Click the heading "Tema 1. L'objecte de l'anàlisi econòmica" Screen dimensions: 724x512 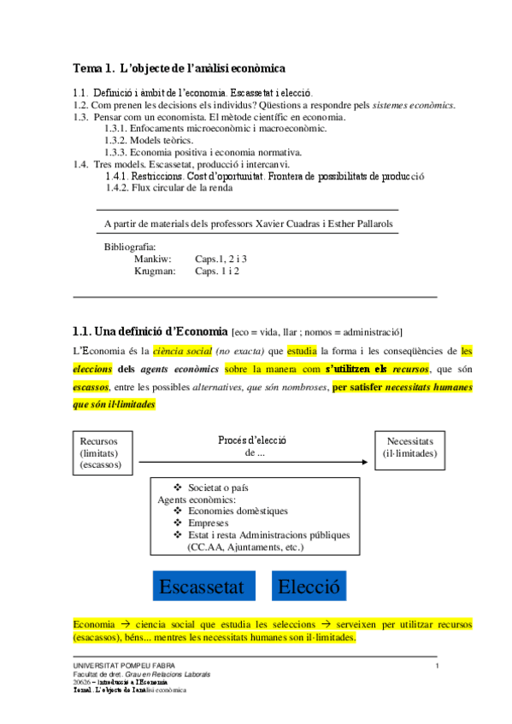click(179, 67)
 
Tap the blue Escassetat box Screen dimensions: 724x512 click(203, 587)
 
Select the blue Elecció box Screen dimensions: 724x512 click(309, 587)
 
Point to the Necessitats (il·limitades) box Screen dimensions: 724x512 click(409, 447)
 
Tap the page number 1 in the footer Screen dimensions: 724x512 click(437, 666)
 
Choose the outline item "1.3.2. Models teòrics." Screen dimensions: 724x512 click(149, 140)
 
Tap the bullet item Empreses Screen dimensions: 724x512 click(208, 523)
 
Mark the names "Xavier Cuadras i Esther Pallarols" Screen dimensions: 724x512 click(321, 223)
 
